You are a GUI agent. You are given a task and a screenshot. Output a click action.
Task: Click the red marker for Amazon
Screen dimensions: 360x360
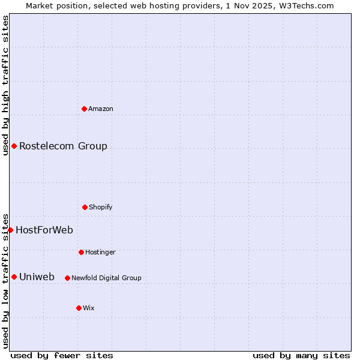point(84,109)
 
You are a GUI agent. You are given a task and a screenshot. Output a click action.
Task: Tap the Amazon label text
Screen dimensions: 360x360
point(100,109)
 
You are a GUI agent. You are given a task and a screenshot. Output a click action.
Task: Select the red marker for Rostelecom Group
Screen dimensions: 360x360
point(14,146)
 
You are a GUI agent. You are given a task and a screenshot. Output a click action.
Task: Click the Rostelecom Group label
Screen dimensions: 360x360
point(63,146)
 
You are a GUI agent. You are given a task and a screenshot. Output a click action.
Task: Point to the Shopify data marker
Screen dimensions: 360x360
point(85,207)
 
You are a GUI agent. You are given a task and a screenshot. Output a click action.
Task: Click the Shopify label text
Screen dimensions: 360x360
point(100,207)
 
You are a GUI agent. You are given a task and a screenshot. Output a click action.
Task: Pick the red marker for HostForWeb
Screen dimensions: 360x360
point(10,230)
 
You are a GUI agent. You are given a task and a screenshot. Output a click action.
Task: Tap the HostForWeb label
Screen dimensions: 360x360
point(44,230)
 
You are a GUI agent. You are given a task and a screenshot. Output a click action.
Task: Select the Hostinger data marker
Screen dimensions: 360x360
point(81,252)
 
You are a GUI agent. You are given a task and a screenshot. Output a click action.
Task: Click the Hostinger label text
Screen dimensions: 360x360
point(100,252)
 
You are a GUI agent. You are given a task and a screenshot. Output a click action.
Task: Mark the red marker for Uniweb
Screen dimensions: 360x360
point(14,277)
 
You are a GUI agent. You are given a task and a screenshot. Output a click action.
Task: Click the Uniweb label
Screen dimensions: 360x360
point(37,277)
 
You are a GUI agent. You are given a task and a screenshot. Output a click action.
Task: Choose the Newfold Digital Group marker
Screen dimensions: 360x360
point(67,278)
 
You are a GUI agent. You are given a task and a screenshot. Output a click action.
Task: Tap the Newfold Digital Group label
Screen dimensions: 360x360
point(106,278)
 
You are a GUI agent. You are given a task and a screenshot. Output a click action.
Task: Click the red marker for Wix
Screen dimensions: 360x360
point(79,308)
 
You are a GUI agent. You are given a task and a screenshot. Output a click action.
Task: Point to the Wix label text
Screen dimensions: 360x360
point(89,308)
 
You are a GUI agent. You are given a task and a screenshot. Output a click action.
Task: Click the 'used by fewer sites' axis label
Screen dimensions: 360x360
point(62,355)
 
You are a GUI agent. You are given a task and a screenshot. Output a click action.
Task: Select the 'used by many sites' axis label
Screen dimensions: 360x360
point(301,355)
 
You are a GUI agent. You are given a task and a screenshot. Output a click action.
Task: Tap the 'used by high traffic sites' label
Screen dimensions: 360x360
point(5,85)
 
